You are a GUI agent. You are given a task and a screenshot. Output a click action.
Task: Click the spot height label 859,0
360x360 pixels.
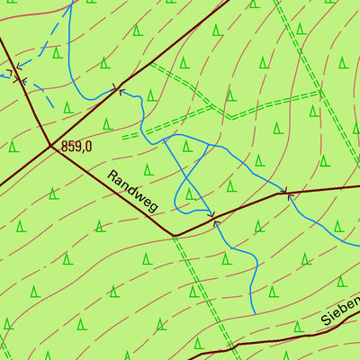76,145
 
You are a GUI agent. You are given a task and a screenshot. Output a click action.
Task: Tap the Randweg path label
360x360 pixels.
131,192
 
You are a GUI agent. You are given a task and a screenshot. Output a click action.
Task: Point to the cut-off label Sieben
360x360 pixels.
339,310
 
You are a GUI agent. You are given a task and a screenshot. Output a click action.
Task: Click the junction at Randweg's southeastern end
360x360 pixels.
174,236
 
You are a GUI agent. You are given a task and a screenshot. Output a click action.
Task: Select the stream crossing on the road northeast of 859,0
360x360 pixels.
118,90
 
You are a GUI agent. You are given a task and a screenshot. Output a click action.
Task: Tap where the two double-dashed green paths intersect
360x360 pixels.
320,90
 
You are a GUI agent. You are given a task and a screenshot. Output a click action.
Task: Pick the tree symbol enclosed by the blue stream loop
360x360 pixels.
189,193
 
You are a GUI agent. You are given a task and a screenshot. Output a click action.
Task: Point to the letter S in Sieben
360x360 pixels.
327,319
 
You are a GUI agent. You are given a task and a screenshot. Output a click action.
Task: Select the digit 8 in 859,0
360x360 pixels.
66,145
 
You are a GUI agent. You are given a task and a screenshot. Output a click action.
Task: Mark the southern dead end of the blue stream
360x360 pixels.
254,313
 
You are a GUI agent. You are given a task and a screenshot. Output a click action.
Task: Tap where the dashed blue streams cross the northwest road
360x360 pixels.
16,76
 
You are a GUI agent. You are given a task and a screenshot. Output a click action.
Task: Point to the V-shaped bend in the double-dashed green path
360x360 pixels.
230,116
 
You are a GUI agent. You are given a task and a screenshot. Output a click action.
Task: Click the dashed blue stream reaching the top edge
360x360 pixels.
69,4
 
